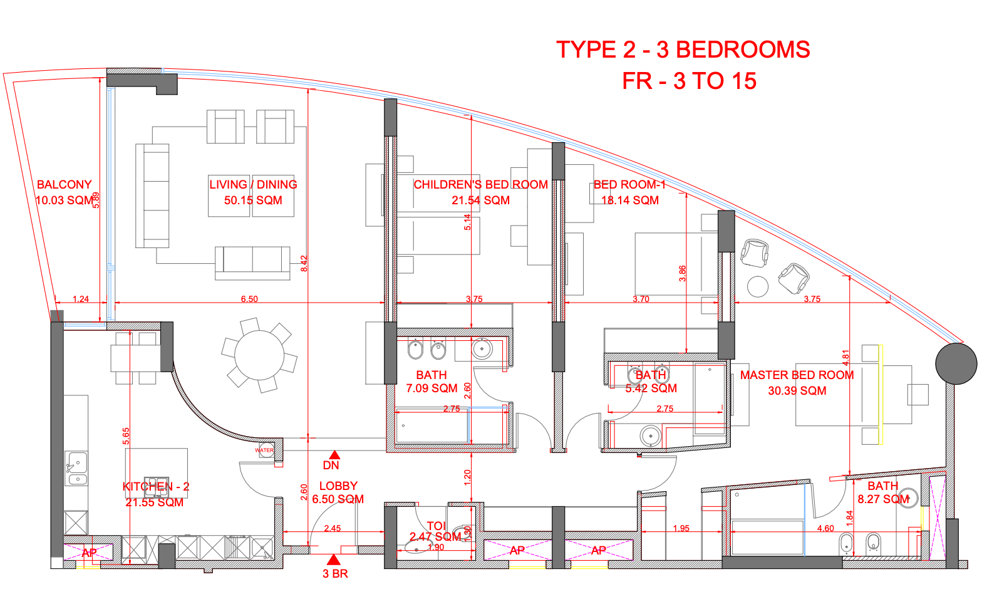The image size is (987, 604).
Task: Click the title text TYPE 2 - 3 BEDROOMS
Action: tap(683, 49)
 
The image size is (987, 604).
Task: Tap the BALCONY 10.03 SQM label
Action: tap(64, 192)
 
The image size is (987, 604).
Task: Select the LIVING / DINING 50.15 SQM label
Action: tap(253, 192)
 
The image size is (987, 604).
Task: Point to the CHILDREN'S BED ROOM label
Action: tap(480, 185)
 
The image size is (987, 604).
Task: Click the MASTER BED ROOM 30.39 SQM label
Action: tap(797, 383)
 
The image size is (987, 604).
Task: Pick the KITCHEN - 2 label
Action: tap(155, 487)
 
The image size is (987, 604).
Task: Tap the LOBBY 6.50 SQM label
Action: tap(338, 492)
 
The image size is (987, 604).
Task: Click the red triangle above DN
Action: tap(335, 455)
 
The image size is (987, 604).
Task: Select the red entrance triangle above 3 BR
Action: tap(334, 559)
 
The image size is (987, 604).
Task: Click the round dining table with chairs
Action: tap(259, 354)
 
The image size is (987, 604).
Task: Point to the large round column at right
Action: tap(956, 363)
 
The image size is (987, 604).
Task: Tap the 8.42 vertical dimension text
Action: tap(304, 263)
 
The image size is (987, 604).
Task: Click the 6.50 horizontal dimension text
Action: tap(249, 299)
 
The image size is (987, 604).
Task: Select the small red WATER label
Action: tap(264, 450)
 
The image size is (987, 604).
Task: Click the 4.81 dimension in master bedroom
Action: tap(845, 358)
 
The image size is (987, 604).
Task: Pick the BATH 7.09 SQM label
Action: tap(431, 382)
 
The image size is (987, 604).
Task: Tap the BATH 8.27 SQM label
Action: tap(883, 492)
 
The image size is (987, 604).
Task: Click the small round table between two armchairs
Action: tap(757, 286)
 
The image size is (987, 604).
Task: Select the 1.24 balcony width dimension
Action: tap(81, 299)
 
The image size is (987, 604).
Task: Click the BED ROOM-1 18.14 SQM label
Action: tap(629, 192)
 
